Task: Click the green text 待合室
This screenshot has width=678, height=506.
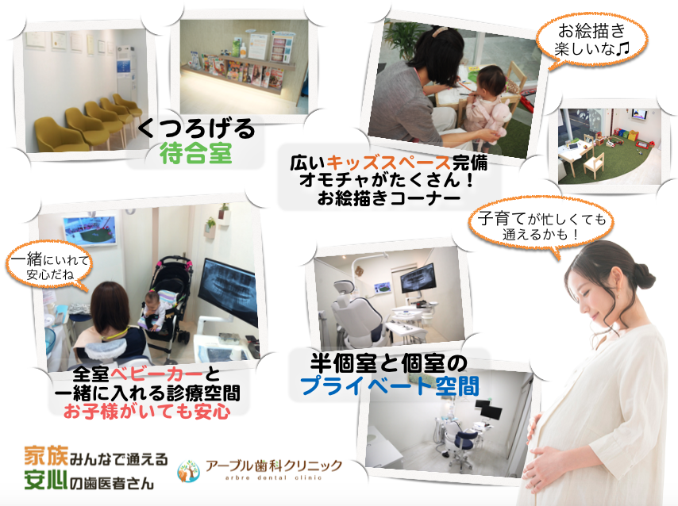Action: (196, 153)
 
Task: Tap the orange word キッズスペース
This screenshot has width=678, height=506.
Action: (389, 163)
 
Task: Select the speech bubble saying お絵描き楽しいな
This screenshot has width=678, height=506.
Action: (591, 40)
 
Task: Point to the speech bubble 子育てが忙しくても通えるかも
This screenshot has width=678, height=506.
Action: (541, 226)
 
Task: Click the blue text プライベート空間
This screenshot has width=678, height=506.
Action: (390, 386)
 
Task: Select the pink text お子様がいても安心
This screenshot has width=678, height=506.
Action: (147, 412)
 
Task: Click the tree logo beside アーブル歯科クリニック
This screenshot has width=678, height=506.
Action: (188, 471)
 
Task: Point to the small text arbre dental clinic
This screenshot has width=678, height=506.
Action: (273, 477)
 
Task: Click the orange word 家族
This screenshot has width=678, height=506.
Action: (46, 456)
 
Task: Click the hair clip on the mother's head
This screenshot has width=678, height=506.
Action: (441, 31)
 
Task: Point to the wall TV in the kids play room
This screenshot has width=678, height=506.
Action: (638, 115)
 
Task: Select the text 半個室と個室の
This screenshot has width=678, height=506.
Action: (388, 363)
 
